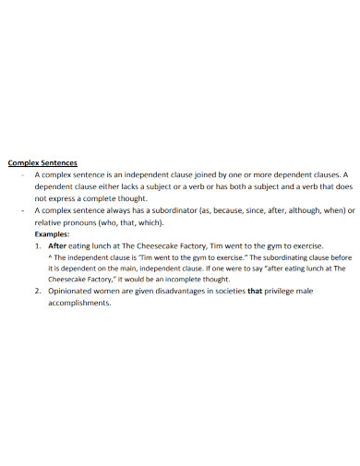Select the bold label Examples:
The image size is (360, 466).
pos(52,234)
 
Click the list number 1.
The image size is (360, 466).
pos(37,246)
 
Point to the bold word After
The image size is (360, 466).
pos(58,246)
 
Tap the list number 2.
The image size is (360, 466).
pos(37,292)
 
